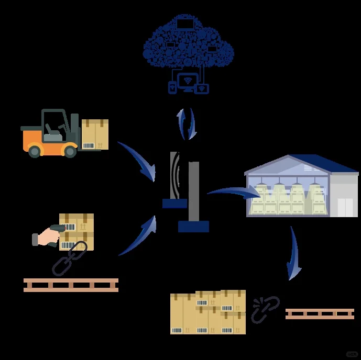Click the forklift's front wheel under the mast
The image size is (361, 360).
coord(69,150)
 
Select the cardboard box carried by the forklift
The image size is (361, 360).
coord(95,134)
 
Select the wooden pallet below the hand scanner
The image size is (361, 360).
coord(71,285)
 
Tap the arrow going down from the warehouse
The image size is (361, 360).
coord(294,254)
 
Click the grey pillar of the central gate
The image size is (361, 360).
coord(194,191)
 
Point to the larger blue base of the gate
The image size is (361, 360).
coord(193,227)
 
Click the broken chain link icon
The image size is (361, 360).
coord(265,309)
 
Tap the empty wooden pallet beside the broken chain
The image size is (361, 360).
coord(319,314)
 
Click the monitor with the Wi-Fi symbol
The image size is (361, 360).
coord(187,82)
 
